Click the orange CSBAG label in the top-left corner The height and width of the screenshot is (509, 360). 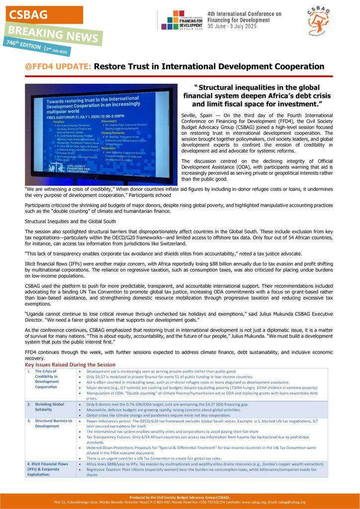point(27,15)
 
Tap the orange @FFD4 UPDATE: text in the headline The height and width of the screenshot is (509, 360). point(58,66)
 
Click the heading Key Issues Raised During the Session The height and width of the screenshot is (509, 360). point(70,364)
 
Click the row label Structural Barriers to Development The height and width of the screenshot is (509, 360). point(55,424)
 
